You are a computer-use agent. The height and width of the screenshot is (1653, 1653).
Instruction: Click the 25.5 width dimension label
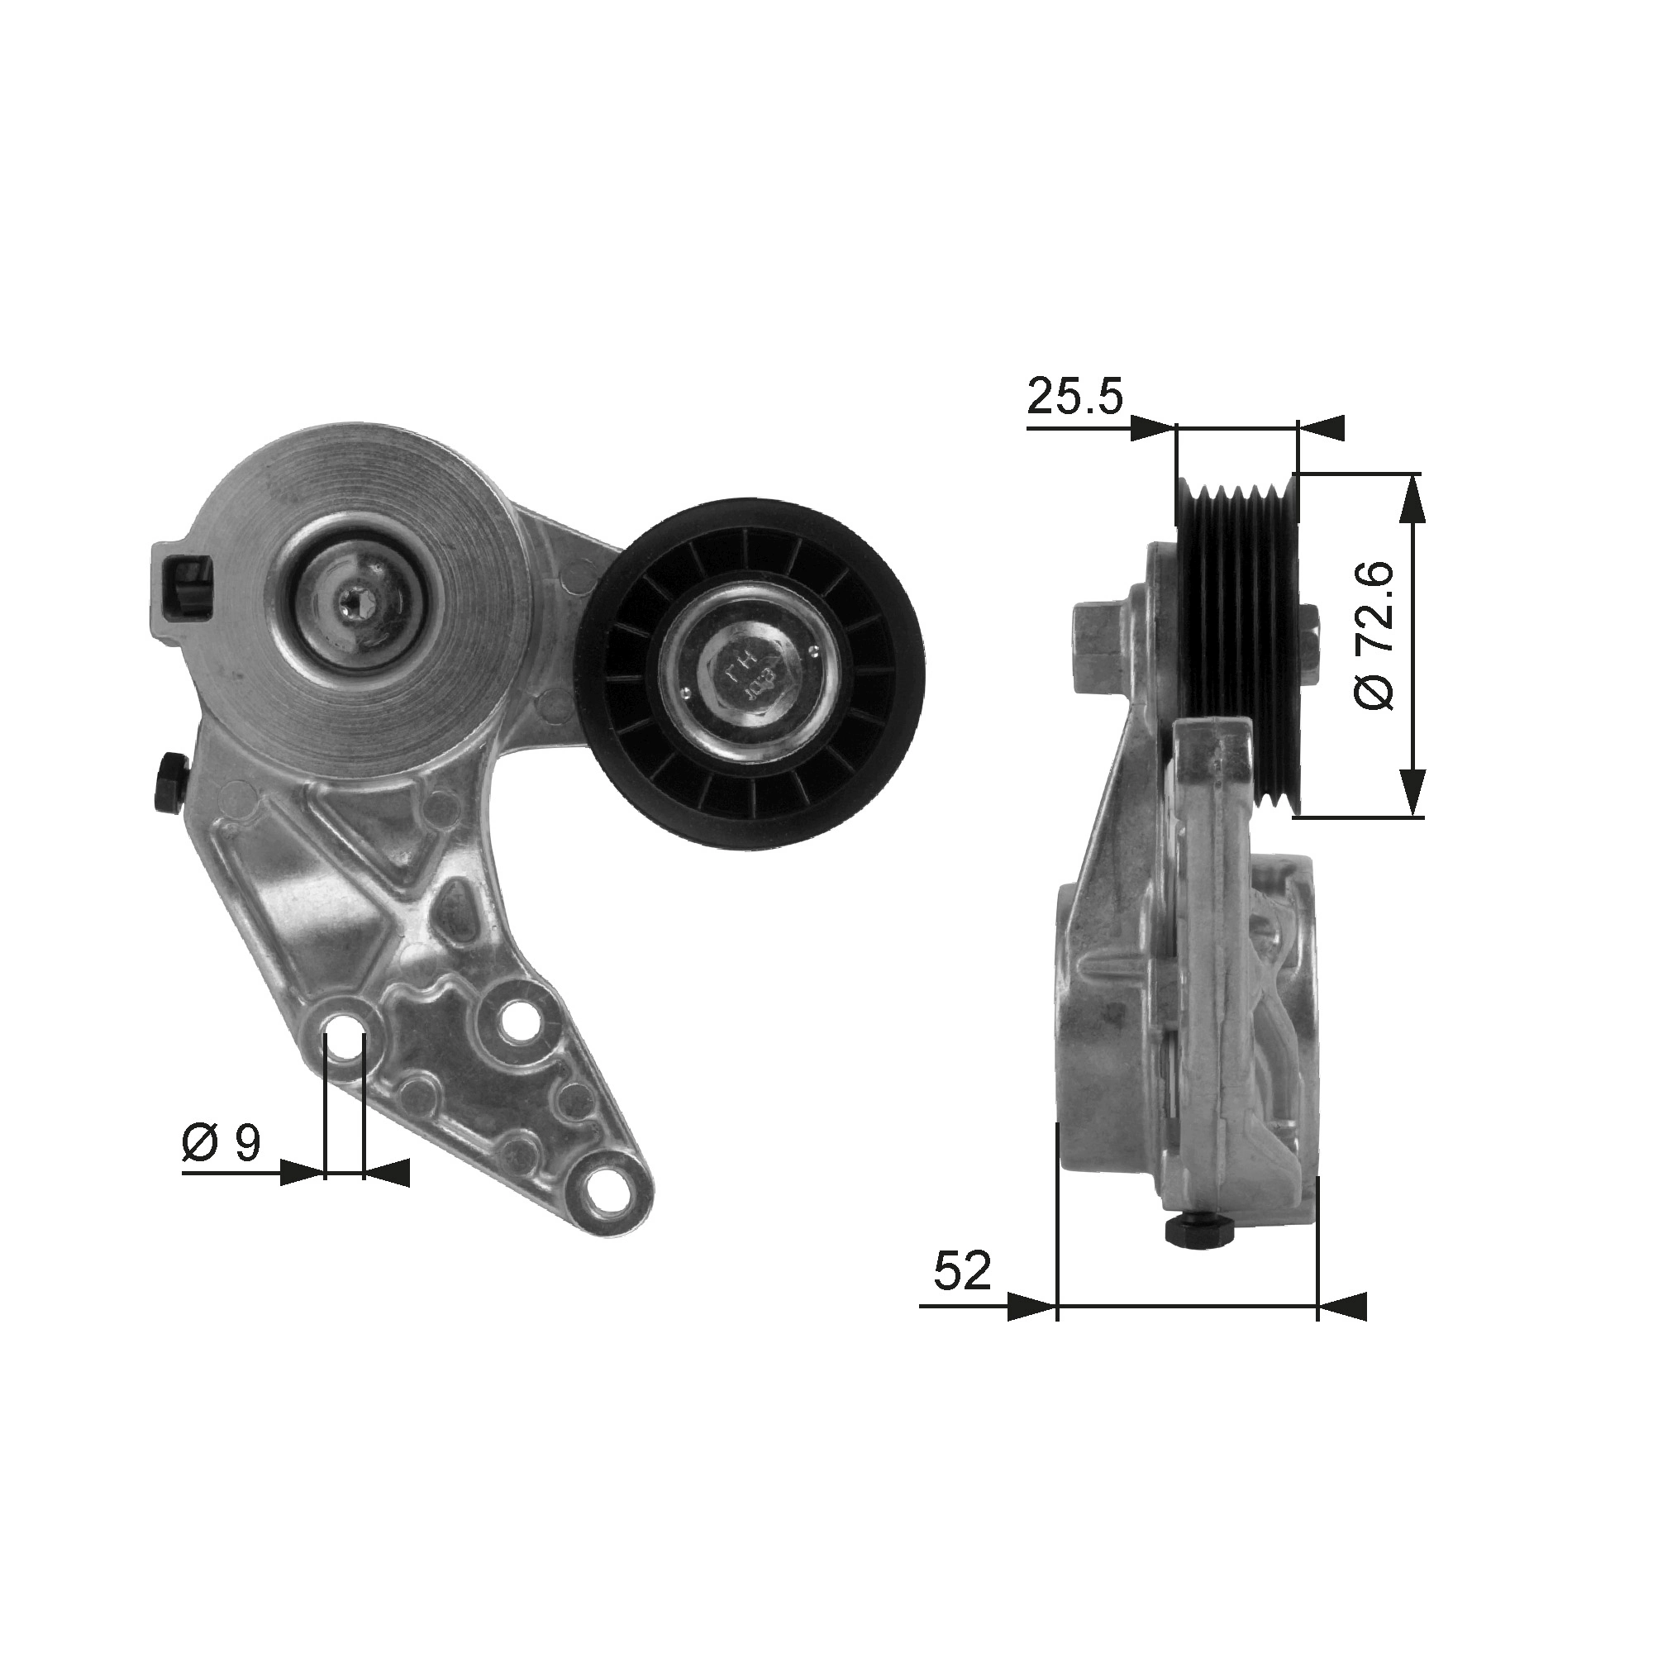point(1074,396)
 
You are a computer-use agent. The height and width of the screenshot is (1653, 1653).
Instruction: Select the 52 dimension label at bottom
point(962,1293)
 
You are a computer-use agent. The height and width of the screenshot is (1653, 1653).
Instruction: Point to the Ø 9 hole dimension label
point(221,1143)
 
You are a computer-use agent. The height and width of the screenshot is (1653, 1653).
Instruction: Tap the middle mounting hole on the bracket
point(517,1021)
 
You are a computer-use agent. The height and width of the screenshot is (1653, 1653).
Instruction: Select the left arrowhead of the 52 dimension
point(1031,1331)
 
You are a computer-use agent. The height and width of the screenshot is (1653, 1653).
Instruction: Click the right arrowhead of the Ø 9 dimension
point(387,1173)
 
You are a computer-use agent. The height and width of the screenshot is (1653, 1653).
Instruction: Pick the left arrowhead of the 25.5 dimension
point(1152,428)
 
